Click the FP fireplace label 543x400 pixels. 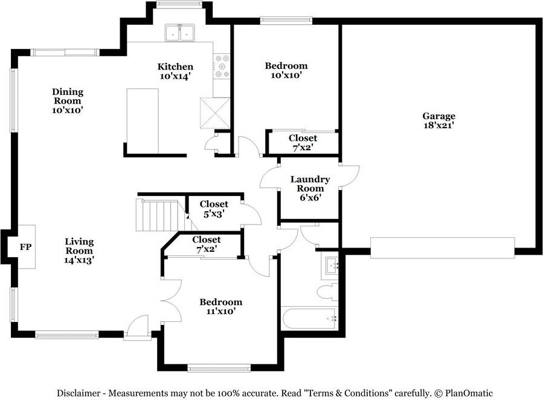pyautogui.click(x=25, y=247)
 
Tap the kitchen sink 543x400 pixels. pyautogui.click(x=179, y=33)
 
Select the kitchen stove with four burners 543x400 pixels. pyautogui.click(x=222, y=67)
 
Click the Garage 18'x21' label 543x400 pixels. pyautogui.click(x=439, y=120)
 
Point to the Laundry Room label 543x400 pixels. pyautogui.click(x=310, y=188)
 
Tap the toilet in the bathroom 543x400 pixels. pyautogui.click(x=328, y=292)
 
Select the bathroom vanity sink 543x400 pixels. pyautogui.click(x=330, y=266)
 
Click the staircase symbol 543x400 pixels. pyautogui.click(x=158, y=215)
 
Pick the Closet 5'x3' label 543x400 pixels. pyautogui.click(x=214, y=209)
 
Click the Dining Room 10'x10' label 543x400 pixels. pyautogui.click(x=67, y=101)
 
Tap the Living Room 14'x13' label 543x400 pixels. pyautogui.click(x=79, y=251)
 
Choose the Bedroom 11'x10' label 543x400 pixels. pyautogui.click(x=221, y=306)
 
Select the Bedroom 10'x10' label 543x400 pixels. pyautogui.click(x=286, y=70)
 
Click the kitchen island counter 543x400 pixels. pyautogui.click(x=142, y=121)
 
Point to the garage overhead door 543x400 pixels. pyautogui.click(x=443, y=248)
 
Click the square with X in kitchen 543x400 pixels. pyautogui.click(x=212, y=113)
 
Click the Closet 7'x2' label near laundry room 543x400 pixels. pyautogui.click(x=303, y=142)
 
